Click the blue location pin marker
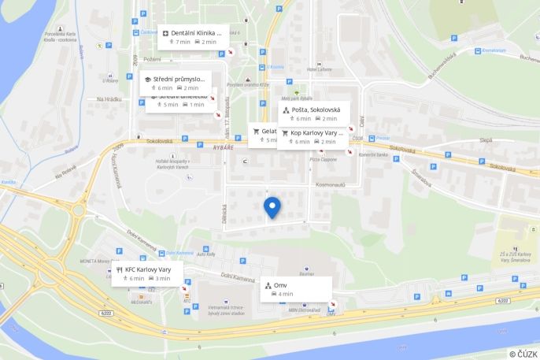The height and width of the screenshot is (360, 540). [272, 206]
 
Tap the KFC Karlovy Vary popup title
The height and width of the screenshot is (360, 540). [148, 269]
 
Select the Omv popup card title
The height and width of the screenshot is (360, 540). [280, 284]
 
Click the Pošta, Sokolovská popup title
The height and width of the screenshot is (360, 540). [316, 109]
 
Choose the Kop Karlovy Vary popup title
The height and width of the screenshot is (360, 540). [318, 133]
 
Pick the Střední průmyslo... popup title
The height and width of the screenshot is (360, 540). [179, 79]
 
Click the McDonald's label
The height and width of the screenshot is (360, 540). [142, 302]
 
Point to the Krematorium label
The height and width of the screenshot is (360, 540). [494, 51]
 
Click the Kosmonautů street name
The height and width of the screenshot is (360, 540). [331, 184]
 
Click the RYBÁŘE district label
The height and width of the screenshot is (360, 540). [224, 147]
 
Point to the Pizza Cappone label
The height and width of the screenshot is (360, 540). [324, 159]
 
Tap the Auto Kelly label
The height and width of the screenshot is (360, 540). [206, 254]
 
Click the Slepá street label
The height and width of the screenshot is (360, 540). [486, 140]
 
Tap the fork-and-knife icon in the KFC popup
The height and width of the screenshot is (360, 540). [120, 269]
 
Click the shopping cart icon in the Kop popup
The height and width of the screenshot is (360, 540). [284, 133]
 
